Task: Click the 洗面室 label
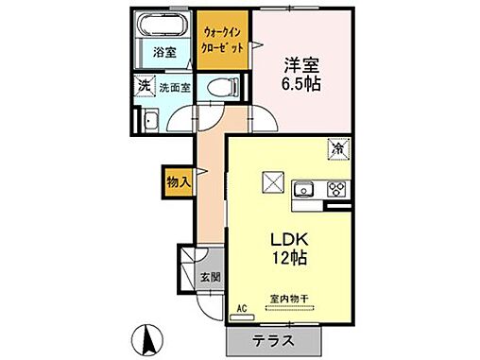[174, 88]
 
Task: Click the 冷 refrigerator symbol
[337, 147]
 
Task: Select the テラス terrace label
[273, 341]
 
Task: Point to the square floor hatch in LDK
[273, 180]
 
